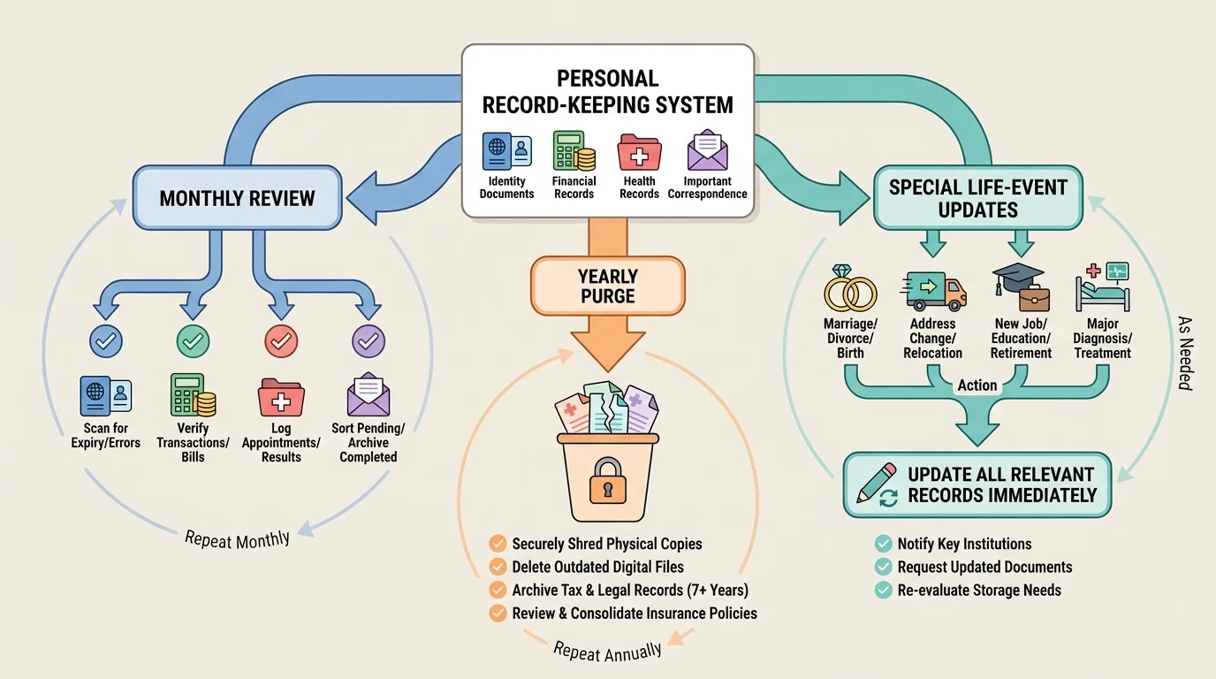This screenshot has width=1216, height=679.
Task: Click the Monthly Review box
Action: click(x=237, y=198)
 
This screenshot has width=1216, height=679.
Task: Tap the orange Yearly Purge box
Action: click(x=607, y=286)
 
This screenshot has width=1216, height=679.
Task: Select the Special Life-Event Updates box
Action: click(x=977, y=198)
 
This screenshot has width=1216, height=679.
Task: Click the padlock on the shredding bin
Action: click(x=606, y=477)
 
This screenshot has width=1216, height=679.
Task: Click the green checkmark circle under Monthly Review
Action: click(x=193, y=340)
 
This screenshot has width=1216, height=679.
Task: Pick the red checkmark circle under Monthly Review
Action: click(x=281, y=340)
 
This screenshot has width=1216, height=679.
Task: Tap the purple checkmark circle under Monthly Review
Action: click(x=369, y=340)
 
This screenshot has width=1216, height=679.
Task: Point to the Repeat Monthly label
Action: click(x=237, y=538)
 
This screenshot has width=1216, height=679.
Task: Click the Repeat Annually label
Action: click(x=607, y=652)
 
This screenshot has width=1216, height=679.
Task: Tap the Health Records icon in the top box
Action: click(x=639, y=152)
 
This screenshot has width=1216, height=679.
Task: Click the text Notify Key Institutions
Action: click(x=964, y=544)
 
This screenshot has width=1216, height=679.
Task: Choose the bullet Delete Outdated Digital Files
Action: click(x=597, y=567)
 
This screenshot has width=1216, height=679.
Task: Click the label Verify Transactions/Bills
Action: click(x=193, y=442)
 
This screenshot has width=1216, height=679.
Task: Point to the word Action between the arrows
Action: click(x=977, y=385)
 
